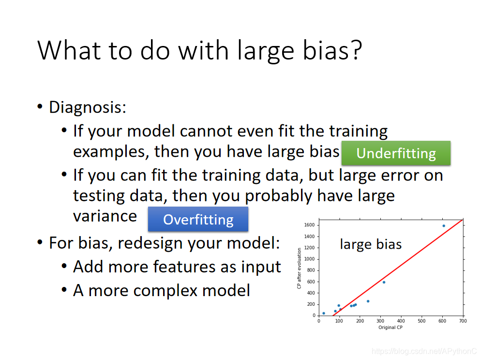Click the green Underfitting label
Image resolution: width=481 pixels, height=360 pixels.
pos(396,153)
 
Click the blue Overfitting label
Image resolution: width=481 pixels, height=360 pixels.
pos(198,219)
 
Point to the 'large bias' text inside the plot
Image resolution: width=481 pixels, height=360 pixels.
pos(371,244)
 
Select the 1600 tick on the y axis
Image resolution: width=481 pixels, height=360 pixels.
pos(309,225)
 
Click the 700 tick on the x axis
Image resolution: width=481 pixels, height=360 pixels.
pos(463,321)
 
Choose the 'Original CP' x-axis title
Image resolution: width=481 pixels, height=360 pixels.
pos(390,327)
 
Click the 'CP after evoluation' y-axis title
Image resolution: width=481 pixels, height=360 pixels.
pos(299,269)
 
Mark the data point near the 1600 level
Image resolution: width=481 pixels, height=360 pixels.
pos(444,225)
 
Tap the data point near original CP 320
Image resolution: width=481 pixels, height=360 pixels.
pos(384,282)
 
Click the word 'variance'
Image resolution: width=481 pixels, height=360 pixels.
pos(105,216)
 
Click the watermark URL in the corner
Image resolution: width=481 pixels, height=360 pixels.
pos(424,351)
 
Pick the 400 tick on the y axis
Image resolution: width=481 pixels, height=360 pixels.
pos(311,293)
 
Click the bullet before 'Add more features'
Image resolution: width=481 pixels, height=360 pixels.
pos(64,266)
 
